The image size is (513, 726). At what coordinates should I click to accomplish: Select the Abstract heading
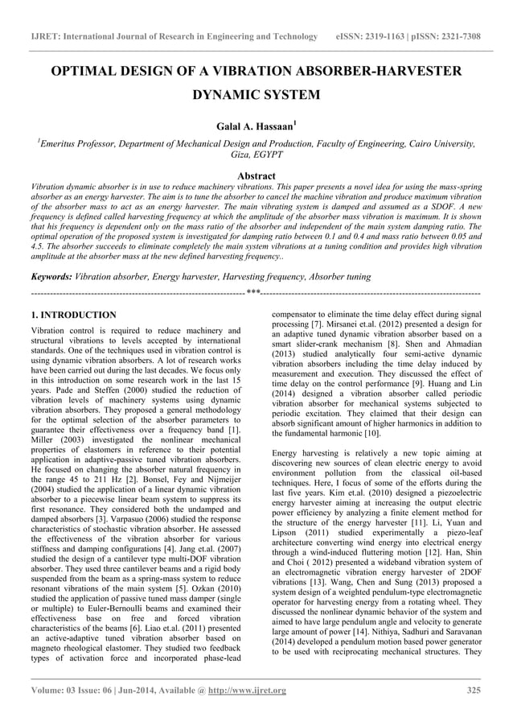tap(256, 175)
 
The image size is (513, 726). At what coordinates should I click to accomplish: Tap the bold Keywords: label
tap(50, 276)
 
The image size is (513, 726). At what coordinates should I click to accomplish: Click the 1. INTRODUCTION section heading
tap(72, 315)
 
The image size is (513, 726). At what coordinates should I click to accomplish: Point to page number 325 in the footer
tap(474, 690)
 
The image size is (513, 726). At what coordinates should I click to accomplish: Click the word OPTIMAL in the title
tap(90, 72)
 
